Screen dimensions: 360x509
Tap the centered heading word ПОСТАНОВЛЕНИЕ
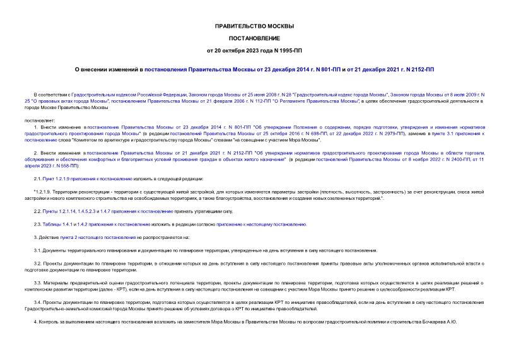point(254,38)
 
